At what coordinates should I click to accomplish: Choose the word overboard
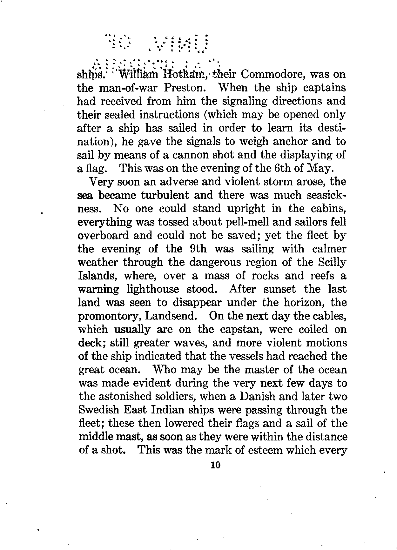(103, 236)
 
